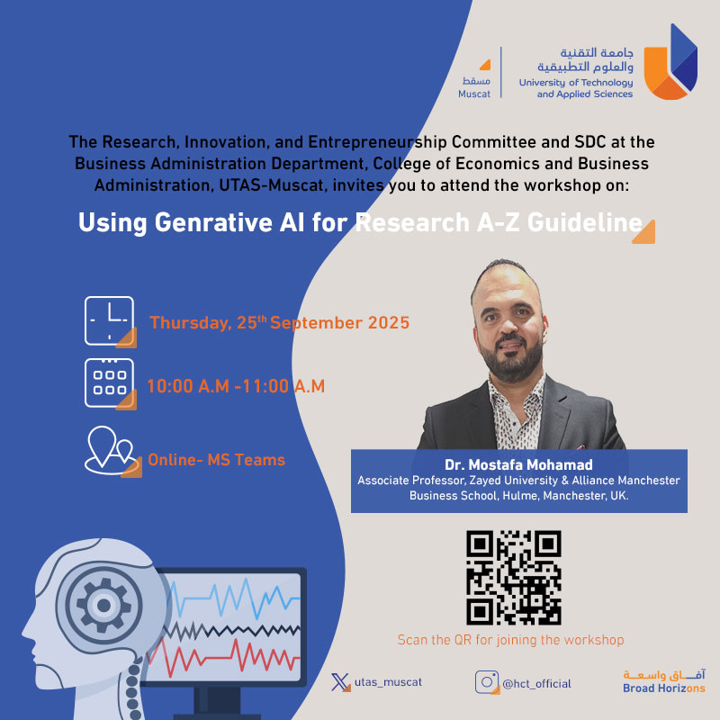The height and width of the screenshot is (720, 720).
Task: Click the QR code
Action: pyautogui.click(x=513, y=578)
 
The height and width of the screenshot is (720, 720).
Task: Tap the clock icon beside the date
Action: pyautogui.click(x=110, y=321)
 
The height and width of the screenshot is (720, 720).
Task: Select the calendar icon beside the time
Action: pyautogui.click(x=110, y=383)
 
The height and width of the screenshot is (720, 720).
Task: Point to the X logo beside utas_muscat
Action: pyautogui.click(x=340, y=682)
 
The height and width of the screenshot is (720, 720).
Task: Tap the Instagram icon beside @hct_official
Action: pyautogui.click(x=487, y=682)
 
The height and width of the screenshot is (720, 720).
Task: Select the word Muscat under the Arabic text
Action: pyautogui.click(x=474, y=94)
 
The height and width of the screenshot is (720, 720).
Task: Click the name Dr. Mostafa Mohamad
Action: pyautogui.click(x=518, y=464)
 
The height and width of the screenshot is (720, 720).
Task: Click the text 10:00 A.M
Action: pyautogui.click(x=188, y=386)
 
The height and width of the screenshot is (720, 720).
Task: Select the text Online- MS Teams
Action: pyautogui.click(x=216, y=460)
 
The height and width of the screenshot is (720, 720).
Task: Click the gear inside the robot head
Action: pyautogui.click(x=103, y=605)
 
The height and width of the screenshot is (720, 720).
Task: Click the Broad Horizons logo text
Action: pyautogui.click(x=664, y=688)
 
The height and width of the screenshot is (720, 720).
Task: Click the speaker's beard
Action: pyautogui.click(x=511, y=361)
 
